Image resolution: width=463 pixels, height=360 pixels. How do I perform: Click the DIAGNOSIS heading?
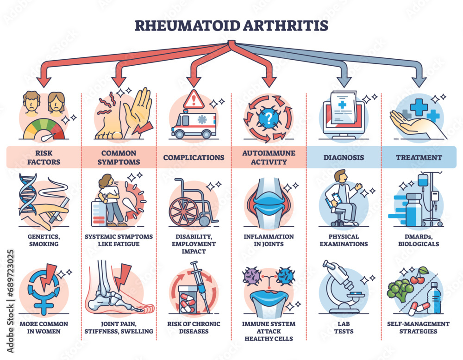click(x=344, y=157)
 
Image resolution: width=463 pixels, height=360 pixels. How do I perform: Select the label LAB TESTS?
click(x=344, y=328)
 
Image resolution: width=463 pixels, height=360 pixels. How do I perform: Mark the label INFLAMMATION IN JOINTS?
click(x=269, y=240)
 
